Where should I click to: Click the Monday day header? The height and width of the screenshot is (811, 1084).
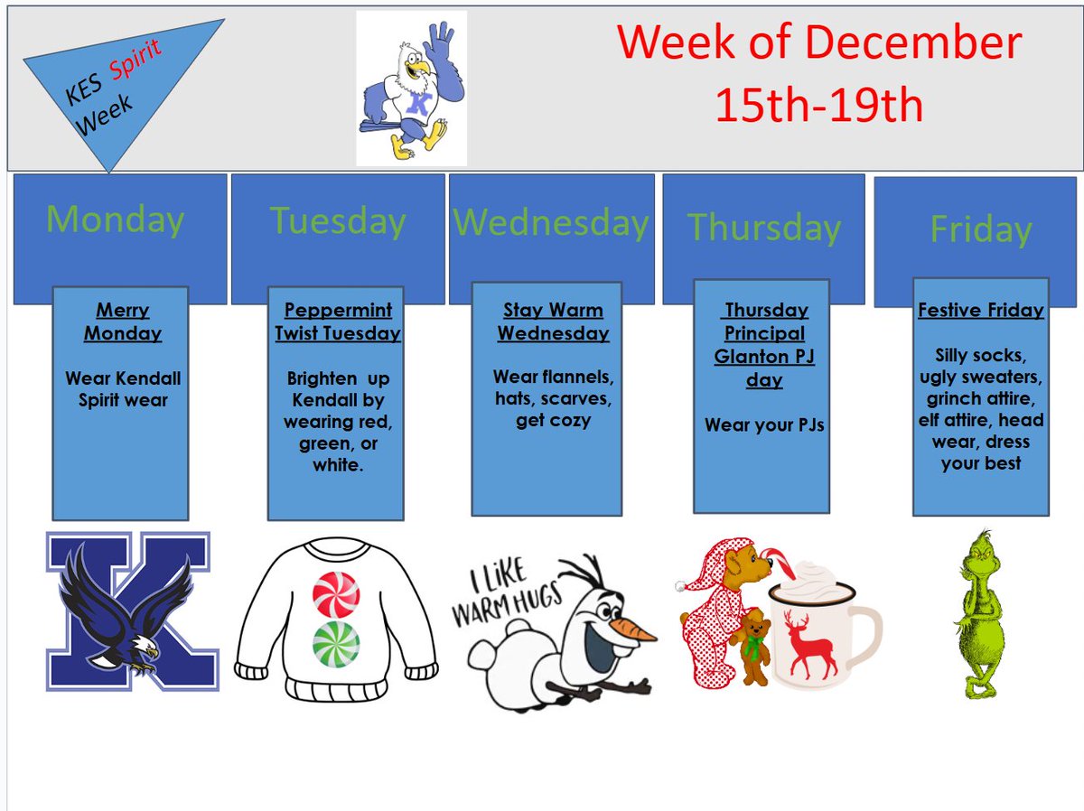pos(115,219)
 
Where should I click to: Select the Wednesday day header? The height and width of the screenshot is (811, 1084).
pos(550,223)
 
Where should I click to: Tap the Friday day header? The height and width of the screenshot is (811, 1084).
pos(980,229)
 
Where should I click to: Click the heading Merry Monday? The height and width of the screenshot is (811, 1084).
pos(123,322)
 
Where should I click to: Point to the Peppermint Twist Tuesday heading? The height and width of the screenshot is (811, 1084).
pos(338,322)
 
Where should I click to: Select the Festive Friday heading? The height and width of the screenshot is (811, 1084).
pos(980,311)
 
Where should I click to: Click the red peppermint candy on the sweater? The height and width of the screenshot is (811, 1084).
pos(336,594)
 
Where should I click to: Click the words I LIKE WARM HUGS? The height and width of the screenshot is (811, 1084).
pos(508,596)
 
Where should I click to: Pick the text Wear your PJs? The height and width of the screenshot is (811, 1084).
pos(764,424)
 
